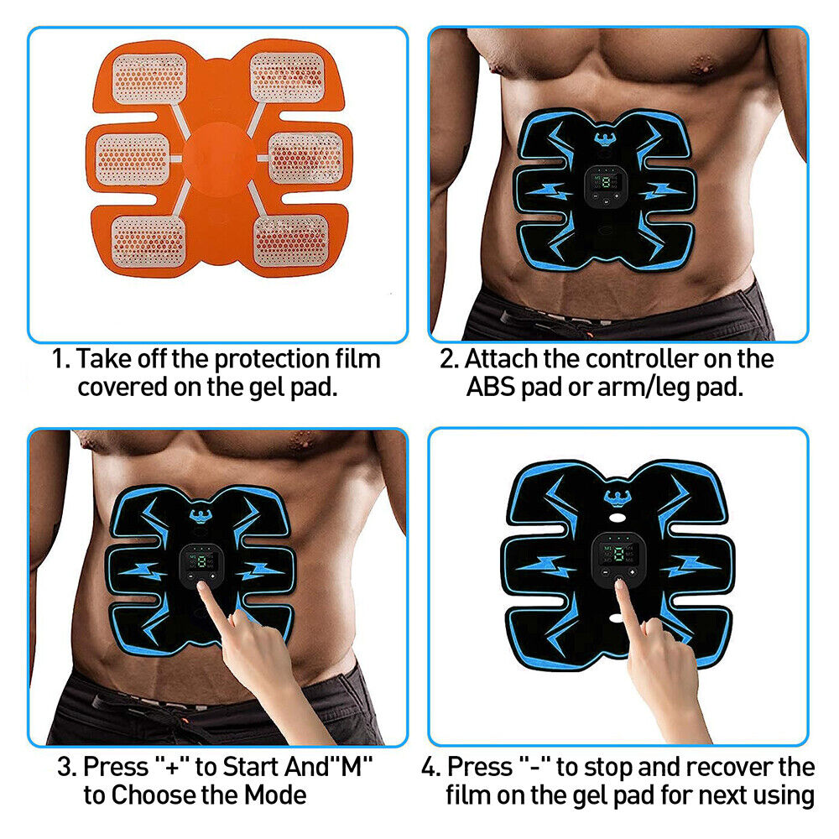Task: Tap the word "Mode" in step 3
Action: pos(277,795)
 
